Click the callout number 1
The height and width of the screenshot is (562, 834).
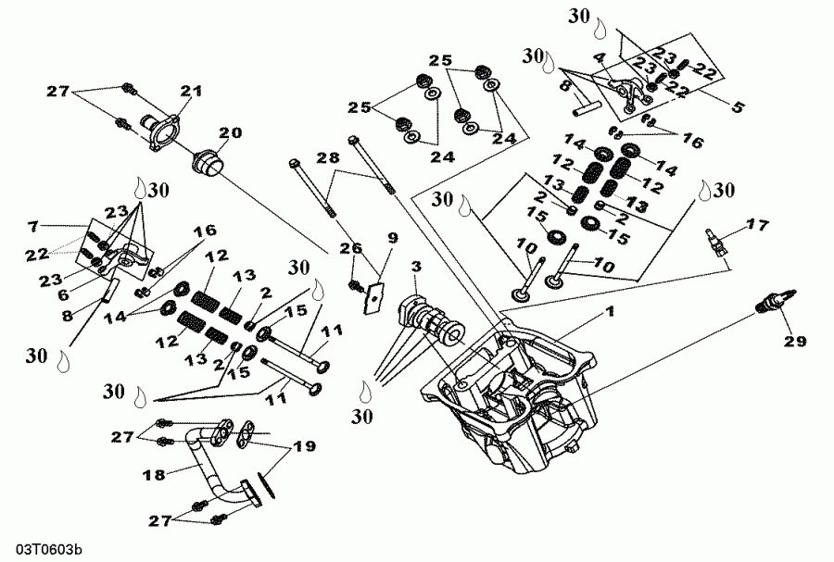tap(610, 313)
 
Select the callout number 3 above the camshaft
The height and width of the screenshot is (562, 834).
tap(416, 268)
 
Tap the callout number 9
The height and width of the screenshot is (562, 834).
tap(392, 237)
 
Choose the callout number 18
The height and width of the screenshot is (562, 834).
tap(156, 474)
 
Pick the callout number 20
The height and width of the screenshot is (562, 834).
tap(229, 132)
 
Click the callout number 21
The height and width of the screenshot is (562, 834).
tap(191, 91)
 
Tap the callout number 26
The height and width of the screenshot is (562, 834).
tap(347, 247)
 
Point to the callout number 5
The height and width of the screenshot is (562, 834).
tap(738, 106)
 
